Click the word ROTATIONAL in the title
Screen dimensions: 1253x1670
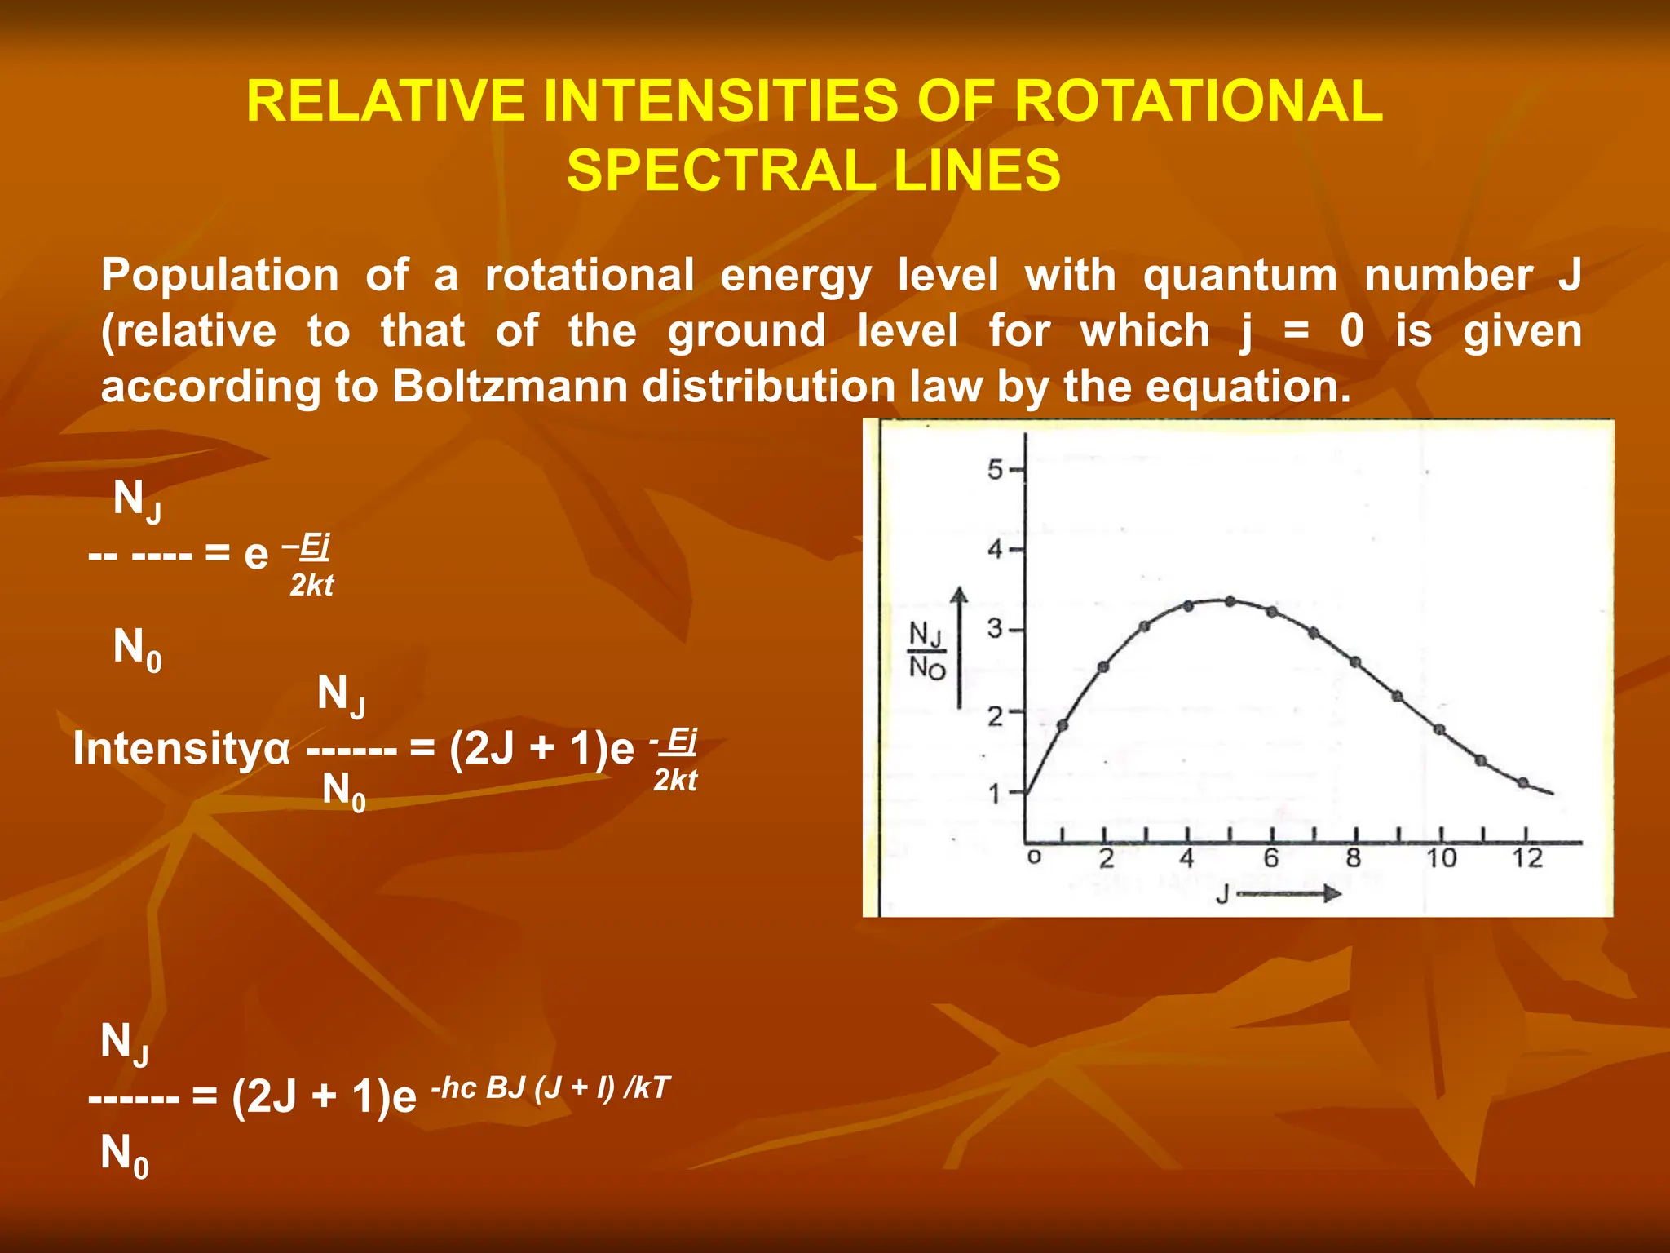tap(1198, 101)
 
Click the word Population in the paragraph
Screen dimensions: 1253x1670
tap(219, 275)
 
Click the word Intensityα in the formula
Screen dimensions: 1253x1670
tap(181, 748)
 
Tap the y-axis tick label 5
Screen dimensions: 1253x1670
tap(995, 470)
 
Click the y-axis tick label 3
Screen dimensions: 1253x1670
tap(995, 630)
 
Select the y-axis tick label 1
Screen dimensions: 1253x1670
tap(995, 793)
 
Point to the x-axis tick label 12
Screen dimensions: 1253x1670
tap(1527, 858)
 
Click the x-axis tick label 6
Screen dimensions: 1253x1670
tap(1271, 858)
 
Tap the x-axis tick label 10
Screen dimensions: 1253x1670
tap(1441, 858)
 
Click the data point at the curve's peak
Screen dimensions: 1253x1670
tap(1230, 601)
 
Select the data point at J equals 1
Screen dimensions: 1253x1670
tap(1063, 724)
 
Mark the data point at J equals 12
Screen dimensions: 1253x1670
tap(1523, 782)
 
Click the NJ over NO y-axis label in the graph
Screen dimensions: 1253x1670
tap(926, 650)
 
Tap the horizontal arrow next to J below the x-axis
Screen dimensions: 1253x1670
tap(1288, 894)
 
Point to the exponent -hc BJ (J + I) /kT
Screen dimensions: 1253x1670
tap(550, 1087)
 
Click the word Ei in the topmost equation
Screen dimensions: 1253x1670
tap(314, 545)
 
